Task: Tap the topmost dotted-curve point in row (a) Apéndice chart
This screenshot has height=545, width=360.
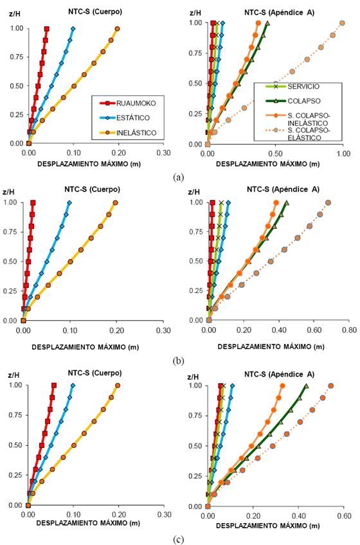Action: (343, 22)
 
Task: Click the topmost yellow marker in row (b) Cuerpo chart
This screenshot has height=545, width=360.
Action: (116, 203)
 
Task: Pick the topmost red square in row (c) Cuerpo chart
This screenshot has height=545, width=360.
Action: (54, 386)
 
